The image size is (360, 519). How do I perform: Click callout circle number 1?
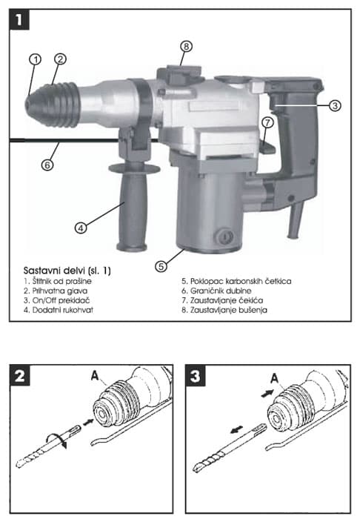coord(34,58)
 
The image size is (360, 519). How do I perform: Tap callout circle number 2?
coord(60,58)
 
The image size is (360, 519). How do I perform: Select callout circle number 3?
coord(335,106)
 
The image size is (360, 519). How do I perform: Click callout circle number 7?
coord(268,121)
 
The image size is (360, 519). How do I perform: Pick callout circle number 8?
coord(186,46)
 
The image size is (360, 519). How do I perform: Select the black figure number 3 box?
coord(198,377)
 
